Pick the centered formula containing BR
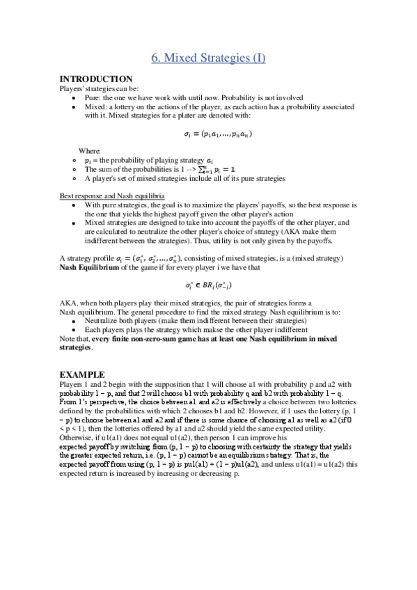point(208,285)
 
